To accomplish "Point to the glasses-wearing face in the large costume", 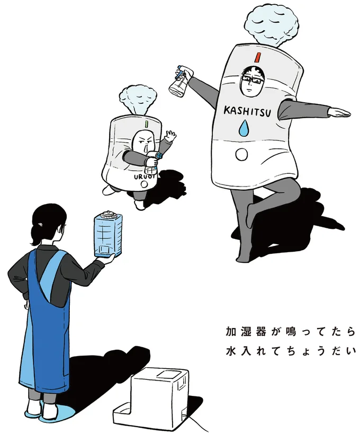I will [250, 83].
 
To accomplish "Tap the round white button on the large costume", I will [241, 154].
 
